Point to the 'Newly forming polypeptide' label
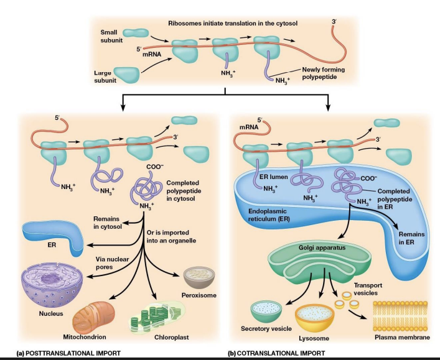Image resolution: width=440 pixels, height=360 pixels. click(x=323, y=74)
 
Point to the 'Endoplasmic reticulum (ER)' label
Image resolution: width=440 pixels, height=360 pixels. click(x=264, y=215)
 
